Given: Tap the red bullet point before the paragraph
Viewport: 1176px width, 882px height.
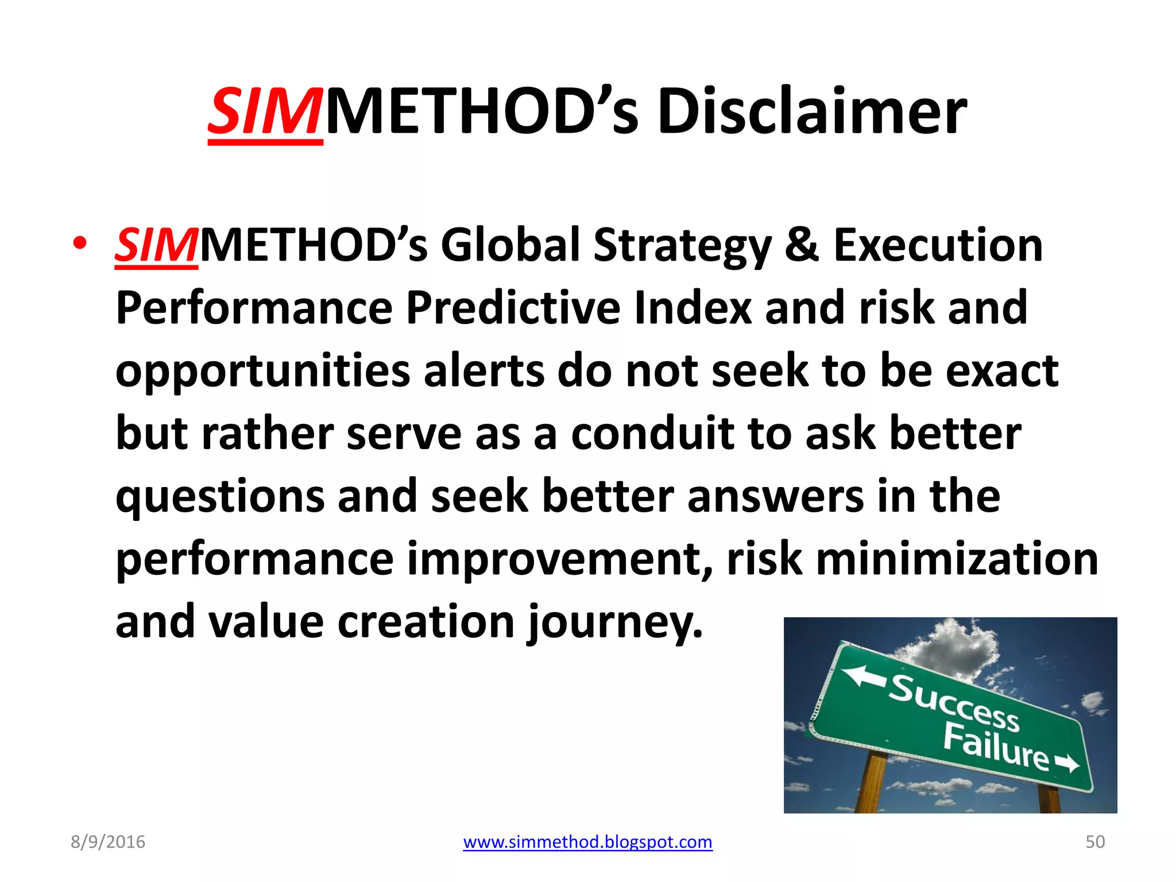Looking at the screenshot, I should click(x=80, y=243).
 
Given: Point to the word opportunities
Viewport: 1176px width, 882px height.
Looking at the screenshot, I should click(x=262, y=372).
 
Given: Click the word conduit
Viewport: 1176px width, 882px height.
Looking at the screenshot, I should click(x=652, y=434).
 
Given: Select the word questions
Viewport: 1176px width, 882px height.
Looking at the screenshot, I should click(x=219, y=497).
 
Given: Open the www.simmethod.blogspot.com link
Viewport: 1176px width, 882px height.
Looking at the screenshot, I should click(x=587, y=842).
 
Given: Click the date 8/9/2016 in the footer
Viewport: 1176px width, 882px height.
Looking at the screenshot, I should click(x=108, y=842).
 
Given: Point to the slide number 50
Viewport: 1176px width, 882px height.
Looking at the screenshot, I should click(x=1094, y=842).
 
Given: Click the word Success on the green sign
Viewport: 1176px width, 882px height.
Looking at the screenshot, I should click(x=954, y=704).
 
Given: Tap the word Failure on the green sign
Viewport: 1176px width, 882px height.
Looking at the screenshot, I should click(x=996, y=746).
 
